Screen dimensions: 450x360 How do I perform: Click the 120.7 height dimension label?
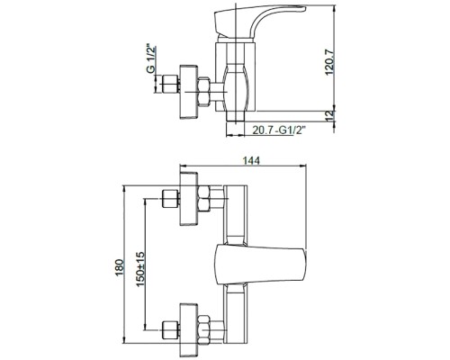329,63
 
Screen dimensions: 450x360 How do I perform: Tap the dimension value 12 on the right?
329,116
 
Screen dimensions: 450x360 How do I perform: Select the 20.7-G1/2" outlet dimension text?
279,130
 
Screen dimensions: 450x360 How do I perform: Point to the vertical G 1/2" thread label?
151,59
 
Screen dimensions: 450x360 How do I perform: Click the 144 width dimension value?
251,161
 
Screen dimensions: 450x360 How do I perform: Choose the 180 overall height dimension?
120,267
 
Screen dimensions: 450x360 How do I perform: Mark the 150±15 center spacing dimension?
140,269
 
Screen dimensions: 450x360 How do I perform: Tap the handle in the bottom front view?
261,265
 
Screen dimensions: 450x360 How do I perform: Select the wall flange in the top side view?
189,92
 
